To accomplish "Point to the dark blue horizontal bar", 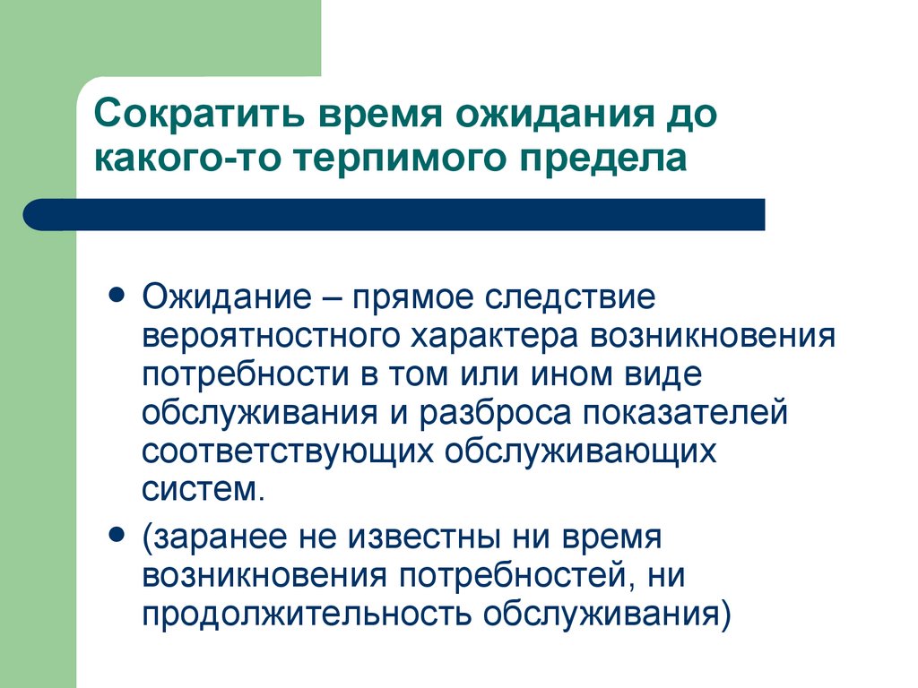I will (x=394, y=215).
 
